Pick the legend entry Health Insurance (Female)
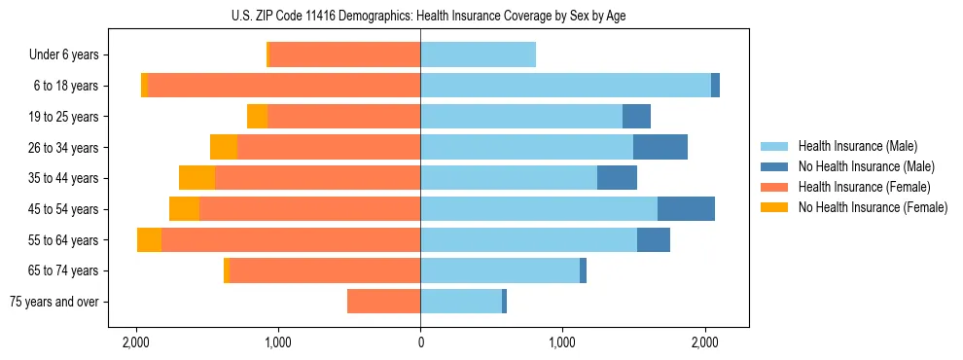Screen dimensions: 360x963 pyautogui.click(x=857, y=187)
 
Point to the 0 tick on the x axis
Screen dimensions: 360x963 pyautogui.click(x=420, y=342)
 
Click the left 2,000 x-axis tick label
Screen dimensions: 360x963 pyautogui.click(x=136, y=342)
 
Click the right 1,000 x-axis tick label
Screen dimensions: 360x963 pyautogui.click(x=562, y=342)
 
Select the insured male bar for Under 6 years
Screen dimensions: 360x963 pyautogui.click(x=478, y=55)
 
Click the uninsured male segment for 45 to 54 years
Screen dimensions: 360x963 pyautogui.click(x=686, y=209)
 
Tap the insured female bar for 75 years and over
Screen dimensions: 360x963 pyautogui.click(x=383, y=302)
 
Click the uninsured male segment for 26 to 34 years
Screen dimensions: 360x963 pyautogui.click(x=660, y=148)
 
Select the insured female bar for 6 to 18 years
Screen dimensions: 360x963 pyautogui.click(x=283, y=86)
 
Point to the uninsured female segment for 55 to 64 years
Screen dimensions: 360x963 pyautogui.click(x=149, y=240)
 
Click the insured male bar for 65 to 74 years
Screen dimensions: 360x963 pyautogui.click(x=500, y=270)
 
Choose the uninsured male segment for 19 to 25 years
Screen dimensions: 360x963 pyautogui.click(x=636, y=117)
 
